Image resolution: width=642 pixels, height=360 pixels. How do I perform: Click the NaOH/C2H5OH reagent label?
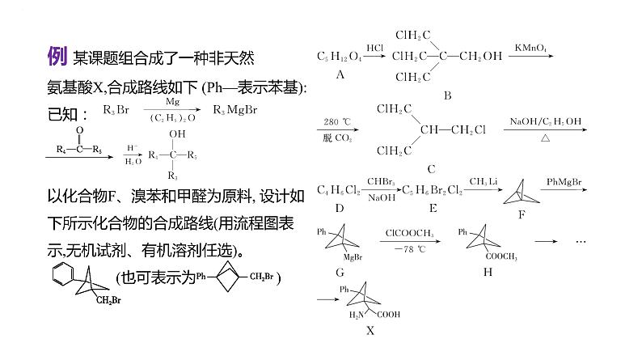(545, 122)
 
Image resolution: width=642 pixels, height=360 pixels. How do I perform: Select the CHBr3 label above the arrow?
(379, 180)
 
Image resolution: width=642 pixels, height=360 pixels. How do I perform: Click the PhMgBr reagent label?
(564, 182)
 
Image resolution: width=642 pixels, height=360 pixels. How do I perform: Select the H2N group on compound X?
(356, 315)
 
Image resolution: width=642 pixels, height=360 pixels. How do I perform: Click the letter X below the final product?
(370, 330)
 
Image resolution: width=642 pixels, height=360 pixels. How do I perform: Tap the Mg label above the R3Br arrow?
(172, 103)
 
